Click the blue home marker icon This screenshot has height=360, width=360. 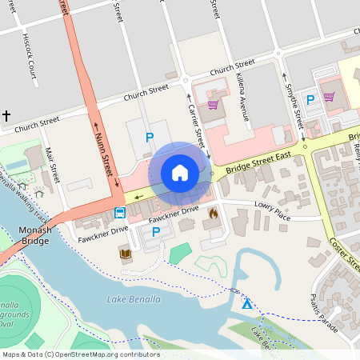(180, 172)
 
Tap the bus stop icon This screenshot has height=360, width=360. (119, 213)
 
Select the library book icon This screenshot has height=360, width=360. (125, 254)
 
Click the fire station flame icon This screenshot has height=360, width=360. (213, 214)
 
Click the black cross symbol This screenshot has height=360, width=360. (6, 117)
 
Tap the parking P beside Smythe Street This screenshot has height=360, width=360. (310, 99)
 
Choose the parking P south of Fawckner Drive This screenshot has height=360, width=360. (156, 232)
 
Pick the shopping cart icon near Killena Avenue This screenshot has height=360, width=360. (213, 104)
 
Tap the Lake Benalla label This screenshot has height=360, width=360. (134, 299)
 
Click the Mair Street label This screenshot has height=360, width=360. (53, 162)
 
